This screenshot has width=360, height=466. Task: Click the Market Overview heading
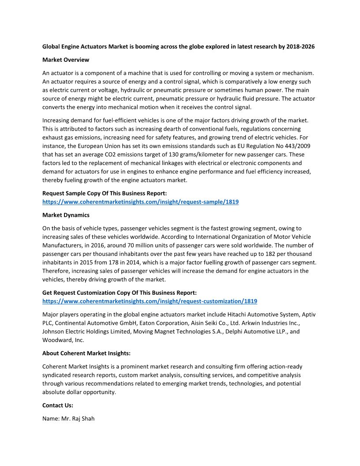click(65, 60)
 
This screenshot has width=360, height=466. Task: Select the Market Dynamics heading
click(66, 215)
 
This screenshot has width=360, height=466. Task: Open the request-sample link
click(140, 202)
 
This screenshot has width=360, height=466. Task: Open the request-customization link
click(150, 301)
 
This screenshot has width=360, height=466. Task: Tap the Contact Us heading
click(58, 405)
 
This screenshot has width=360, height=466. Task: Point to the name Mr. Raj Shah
click(77, 418)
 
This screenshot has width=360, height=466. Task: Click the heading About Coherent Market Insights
click(86, 353)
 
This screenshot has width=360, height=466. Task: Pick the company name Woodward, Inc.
click(63, 340)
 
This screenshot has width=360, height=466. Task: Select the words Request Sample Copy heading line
click(104, 193)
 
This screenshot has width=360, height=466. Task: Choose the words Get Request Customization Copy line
click(119, 293)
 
